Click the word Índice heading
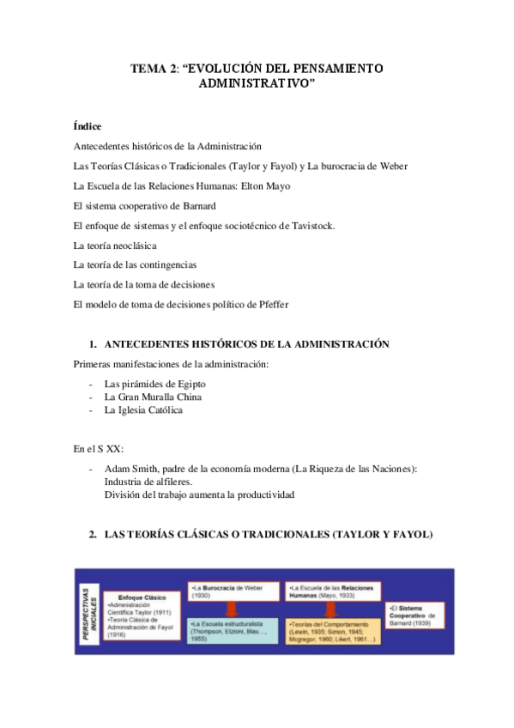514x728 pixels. [88, 126]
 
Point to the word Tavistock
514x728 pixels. [308, 225]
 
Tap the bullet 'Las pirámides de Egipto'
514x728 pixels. [154, 384]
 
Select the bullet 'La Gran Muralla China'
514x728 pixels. [153, 397]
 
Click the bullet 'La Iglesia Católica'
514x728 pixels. [143, 410]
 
